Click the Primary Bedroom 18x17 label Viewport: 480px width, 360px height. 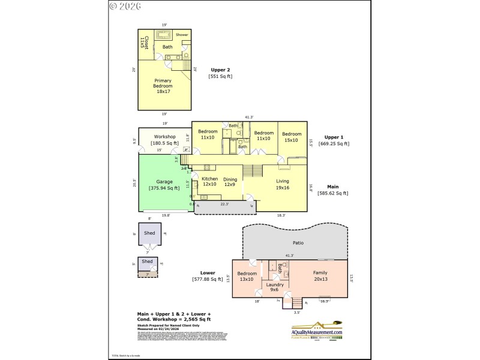pos(163,86)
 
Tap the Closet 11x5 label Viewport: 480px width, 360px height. pos(143,42)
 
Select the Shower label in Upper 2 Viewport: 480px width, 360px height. pos(182,35)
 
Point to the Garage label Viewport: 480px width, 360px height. pos(164,181)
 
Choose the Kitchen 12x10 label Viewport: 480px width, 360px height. pos(209,182)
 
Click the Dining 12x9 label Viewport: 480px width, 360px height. pos(230,182)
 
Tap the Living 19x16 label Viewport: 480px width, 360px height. pos(282,184)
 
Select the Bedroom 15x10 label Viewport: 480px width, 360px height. pos(291,137)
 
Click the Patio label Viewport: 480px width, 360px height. pos(298,243)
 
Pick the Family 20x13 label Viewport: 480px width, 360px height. pos(320,275)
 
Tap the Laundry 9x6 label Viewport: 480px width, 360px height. pos(274,287)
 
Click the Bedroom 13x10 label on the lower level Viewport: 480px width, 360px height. pos(246,275)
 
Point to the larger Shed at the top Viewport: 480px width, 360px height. pos(150,233)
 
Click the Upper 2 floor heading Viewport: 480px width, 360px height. pos(220,70)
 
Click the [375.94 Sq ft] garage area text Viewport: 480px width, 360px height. pos(164,188)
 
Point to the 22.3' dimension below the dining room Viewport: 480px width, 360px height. pos(224,204)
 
